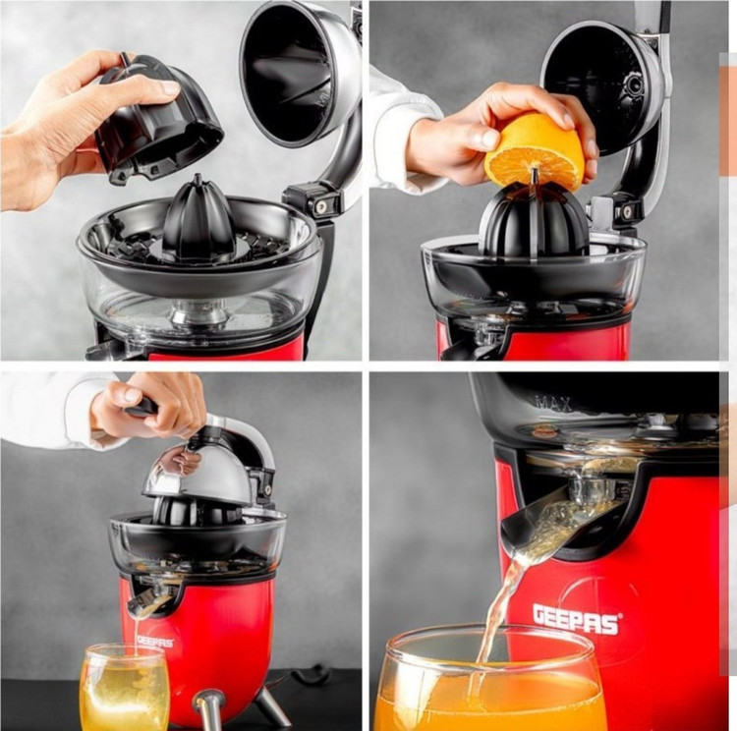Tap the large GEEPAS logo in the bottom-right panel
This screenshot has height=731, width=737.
click(576, 619)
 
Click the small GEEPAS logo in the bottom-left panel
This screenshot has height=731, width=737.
click(155, 642)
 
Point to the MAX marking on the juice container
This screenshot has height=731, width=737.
click(553, 404)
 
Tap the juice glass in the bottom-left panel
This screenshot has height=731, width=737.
click(125, 687)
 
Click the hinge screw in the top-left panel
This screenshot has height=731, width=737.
click(322, 206)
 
